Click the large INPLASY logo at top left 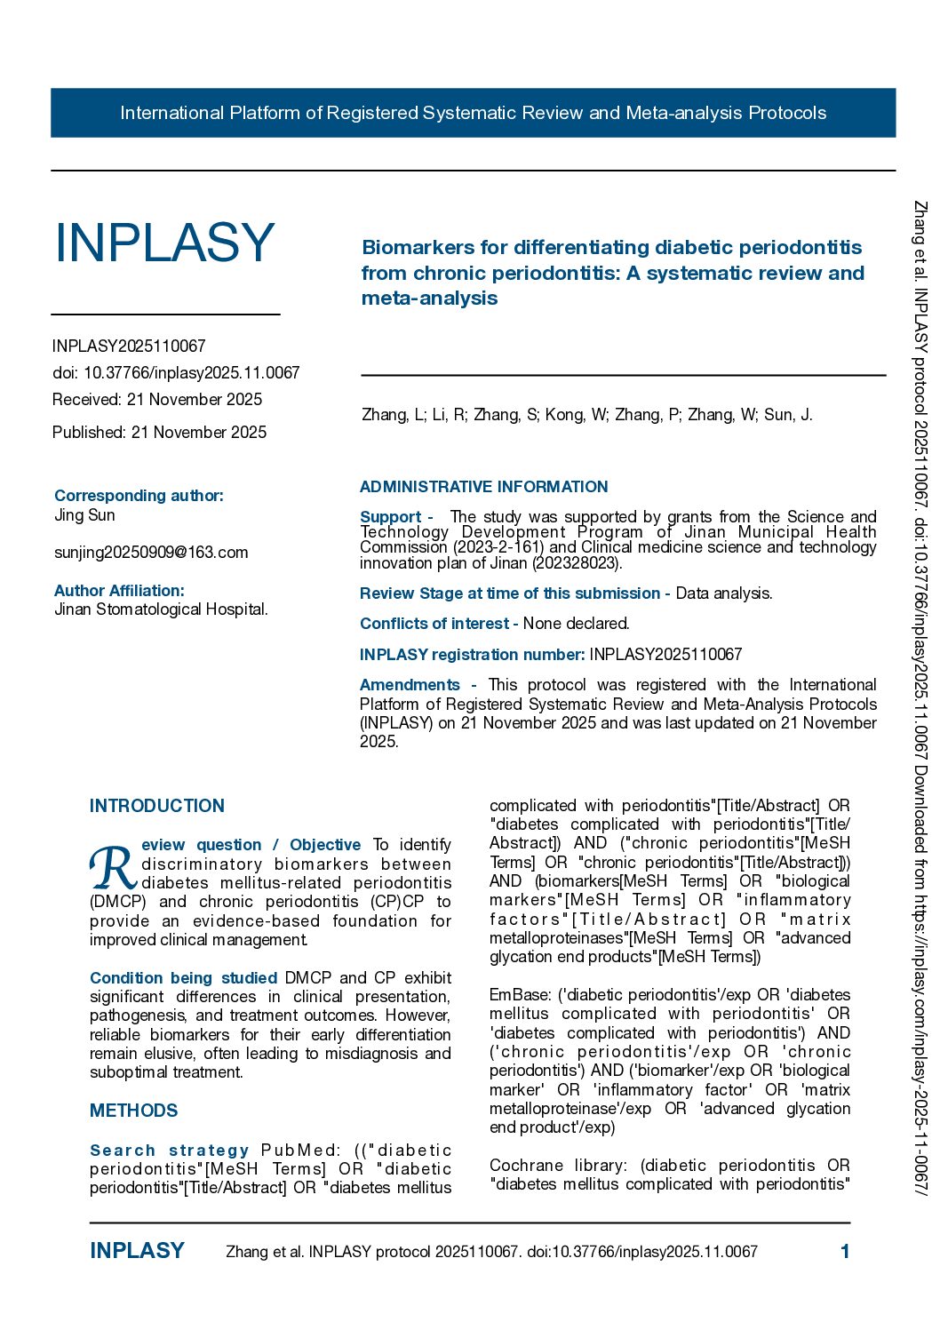pos(164,243)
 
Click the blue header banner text pos(473,113)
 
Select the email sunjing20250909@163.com pos(151,553)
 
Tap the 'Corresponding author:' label pos(139,496)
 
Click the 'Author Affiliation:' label pos(119,591)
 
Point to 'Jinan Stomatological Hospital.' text pos(161,609)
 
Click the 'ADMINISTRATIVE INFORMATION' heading pos(483,487)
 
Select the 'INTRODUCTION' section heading pos(157,806)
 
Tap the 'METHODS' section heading pos(133,1111)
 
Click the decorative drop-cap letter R pos(113,867)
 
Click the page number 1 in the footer pos(845,1252)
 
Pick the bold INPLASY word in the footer pos(137,1251)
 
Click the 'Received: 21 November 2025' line pos(157,400)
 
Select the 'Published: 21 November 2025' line pos(159,433)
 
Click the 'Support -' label pos(396,517)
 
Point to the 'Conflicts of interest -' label pos(439,624)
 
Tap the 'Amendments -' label pos(418,685)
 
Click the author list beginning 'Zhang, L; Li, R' pos(586,415)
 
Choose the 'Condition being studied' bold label pos(184,978)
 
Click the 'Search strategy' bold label pos(169,1151)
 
